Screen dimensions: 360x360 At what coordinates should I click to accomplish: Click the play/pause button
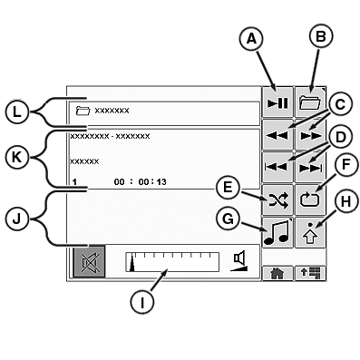pos(277,103)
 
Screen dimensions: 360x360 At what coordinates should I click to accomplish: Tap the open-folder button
pos(309,103)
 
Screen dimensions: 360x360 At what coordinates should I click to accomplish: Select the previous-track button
pos(277,165)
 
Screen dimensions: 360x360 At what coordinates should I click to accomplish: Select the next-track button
pos(309,165)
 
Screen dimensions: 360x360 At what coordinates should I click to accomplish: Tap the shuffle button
pos(277,198)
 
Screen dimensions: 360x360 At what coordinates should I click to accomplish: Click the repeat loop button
pos(309,198)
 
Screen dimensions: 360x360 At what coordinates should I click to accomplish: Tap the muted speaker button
pos(89,263)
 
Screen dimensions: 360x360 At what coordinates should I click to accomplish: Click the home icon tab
pos(277,271)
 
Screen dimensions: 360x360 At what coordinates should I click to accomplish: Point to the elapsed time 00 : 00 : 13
pos(141,181)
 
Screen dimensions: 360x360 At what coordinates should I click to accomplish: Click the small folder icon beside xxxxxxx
pos(83,111)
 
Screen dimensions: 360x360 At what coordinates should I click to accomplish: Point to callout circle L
pos(17,113)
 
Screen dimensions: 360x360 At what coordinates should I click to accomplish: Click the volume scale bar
pos(172,263)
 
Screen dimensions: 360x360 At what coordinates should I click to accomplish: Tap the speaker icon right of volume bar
pos(239,261)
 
